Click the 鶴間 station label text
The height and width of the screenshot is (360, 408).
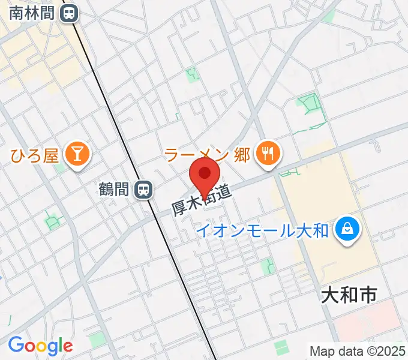point(114,190)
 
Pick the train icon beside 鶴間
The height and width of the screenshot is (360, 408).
point(143,190)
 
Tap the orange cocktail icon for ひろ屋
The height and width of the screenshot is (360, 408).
point(77,155)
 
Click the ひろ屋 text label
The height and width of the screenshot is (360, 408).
point(34,156)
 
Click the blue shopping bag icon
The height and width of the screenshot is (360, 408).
point(346,229)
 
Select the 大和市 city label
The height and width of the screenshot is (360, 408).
point(349,295)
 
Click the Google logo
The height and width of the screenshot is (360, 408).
point(40,345)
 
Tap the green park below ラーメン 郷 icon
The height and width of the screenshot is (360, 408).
point(290,173)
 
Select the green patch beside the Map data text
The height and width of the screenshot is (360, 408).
point(281,346)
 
